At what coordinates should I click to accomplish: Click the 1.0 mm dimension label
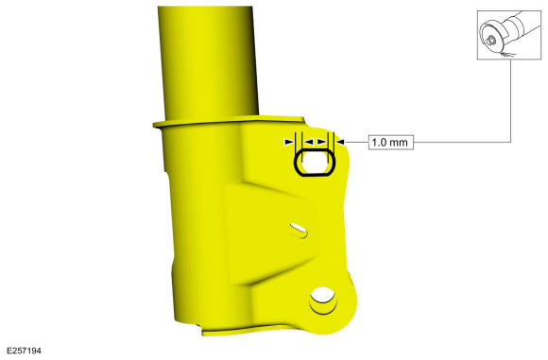pyautogui.click(x=391, y=143)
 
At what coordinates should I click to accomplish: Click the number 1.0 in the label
pyautogui.click(x=379, y=143)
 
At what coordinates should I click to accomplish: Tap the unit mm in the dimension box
pyautogui.click(x=399, y=143)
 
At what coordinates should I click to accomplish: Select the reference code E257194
pyautogui.click(x=25, y=351)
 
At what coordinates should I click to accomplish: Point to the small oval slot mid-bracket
pyautogui.click(x=299, y=230)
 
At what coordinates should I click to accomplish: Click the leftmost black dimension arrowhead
pyautogui.click(x=289, y=142)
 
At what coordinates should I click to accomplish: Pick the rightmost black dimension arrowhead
pyautogui.click(x=340, y=142)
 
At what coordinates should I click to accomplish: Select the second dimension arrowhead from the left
pyautogui.click(x=308, y=142)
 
